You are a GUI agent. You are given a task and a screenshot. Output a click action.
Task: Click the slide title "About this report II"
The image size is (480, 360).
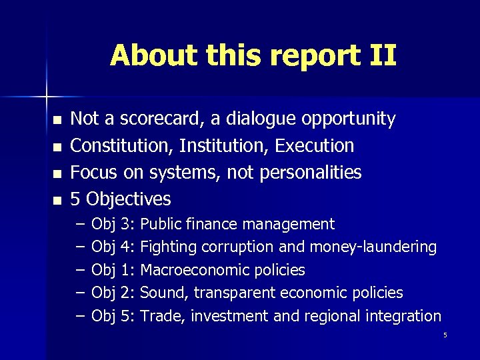coord(253,55)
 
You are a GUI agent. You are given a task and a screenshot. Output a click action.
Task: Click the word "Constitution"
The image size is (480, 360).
coord(121,146)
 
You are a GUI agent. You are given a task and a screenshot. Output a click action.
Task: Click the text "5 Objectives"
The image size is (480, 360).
coord(121,199)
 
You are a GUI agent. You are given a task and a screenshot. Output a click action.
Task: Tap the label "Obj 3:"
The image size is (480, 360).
coord(113,224)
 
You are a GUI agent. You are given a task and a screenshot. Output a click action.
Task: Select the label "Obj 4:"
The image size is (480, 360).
coord(113,247)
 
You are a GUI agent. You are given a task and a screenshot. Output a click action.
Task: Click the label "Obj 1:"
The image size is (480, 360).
coord(113,270)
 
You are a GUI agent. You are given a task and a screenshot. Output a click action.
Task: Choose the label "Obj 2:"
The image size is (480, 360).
coord(113,293)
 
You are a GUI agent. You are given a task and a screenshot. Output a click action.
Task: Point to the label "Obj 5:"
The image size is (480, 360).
coord(113,316)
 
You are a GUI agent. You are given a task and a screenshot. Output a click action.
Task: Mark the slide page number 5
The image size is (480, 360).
coord(445,335)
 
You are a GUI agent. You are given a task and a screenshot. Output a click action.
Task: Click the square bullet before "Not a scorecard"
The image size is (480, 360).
coord(57,121)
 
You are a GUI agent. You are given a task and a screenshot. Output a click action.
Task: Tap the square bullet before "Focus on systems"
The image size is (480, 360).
coord(57,173)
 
